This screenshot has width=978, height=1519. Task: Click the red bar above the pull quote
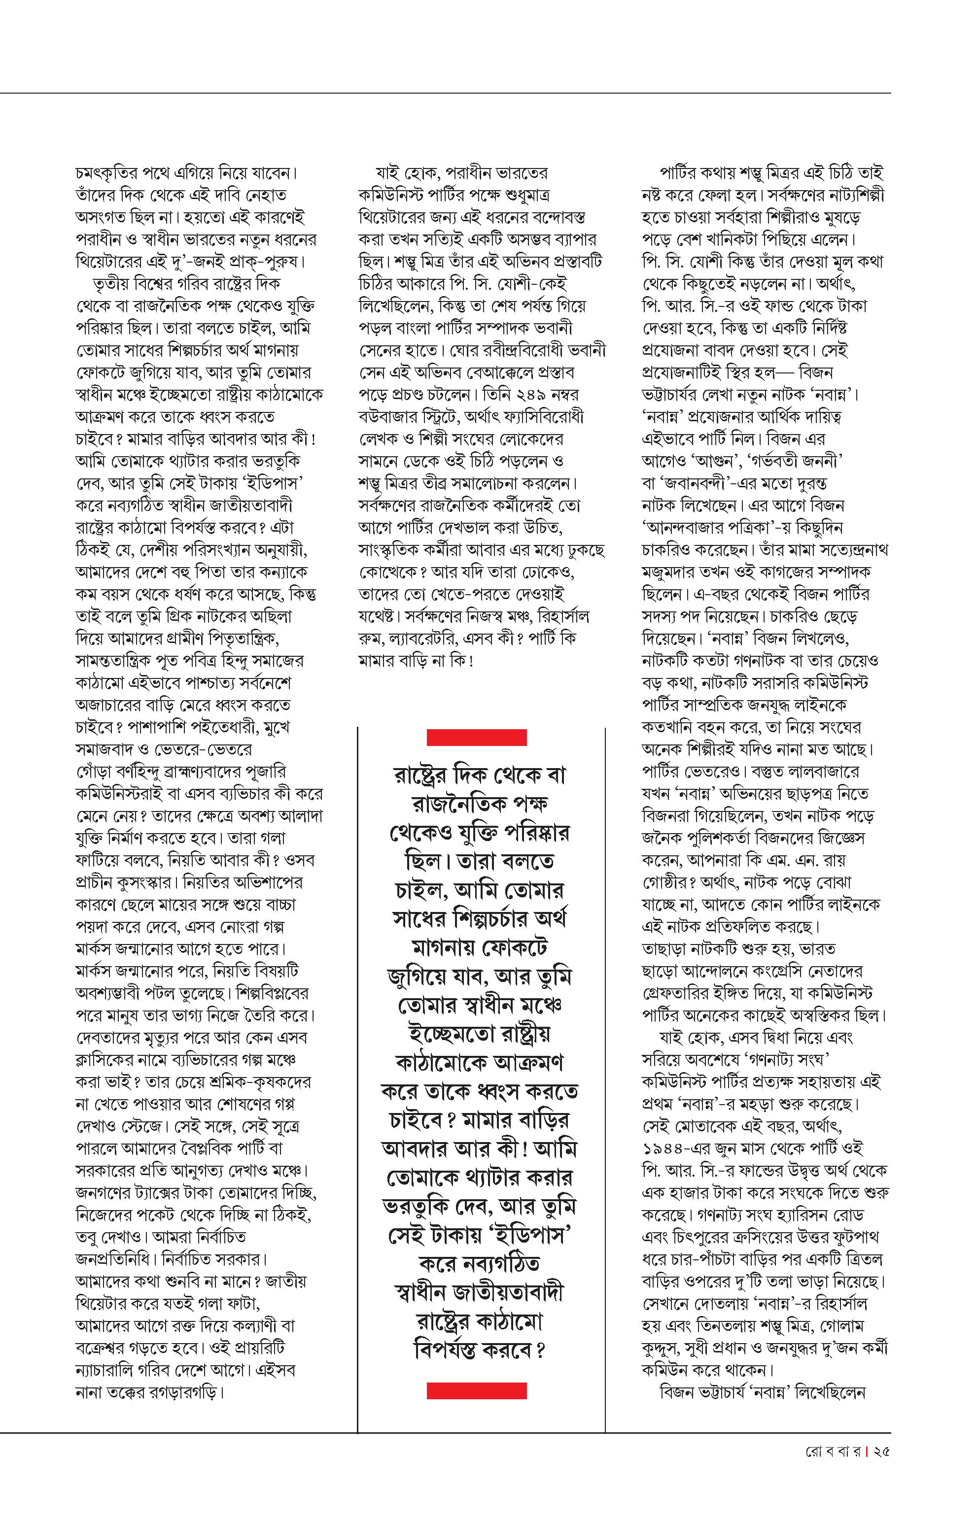point(476,737)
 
